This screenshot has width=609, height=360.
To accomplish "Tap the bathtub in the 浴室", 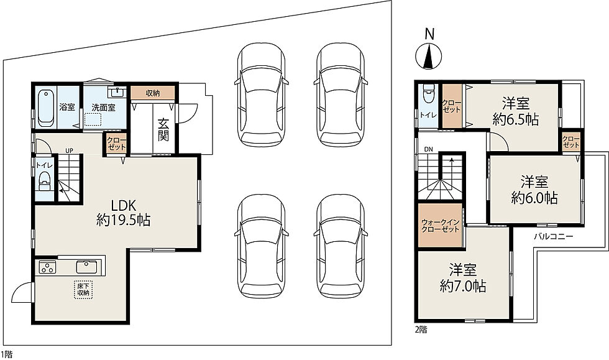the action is tap(46, 108).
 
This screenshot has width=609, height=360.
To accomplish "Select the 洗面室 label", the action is tap(104, 108).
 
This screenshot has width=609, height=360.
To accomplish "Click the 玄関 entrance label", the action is tap(163, 129).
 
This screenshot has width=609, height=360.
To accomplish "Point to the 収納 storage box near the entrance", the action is tap(153, 93).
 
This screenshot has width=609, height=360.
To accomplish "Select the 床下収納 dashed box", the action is tap(83, 289).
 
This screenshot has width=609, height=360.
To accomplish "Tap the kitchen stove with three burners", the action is tap(47, 267).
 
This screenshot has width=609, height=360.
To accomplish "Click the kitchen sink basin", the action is tap(88, 267).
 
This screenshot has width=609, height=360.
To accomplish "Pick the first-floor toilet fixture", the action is tap(45, 181).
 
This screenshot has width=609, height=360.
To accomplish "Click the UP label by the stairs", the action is tap(69, 150).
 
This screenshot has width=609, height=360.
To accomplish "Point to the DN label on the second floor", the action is tap(428, 149).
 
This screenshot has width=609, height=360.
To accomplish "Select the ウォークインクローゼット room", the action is tap(441, 225).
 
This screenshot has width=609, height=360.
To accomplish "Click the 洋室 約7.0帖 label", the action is tap(463, 278).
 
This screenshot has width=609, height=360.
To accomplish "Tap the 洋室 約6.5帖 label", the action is tap(516, 111).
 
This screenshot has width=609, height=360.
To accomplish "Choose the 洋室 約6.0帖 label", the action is tap(534, 190).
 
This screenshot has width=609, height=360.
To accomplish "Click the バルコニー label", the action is tap(554, 236).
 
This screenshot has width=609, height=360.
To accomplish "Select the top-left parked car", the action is tap(262, 95).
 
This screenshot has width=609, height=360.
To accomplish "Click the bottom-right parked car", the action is tap(341, 246).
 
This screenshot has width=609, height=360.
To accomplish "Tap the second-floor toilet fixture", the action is tap(428, 94).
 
